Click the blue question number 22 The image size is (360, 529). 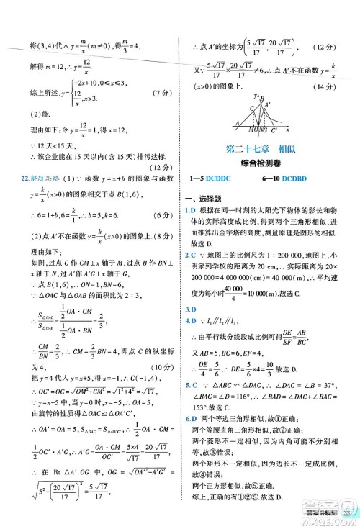point(20,178)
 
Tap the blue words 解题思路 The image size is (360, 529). point(40,178)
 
